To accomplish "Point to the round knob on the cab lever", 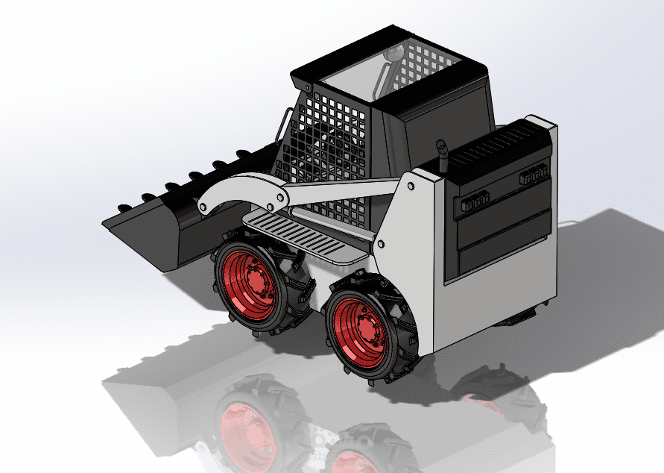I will [x=394, y=54].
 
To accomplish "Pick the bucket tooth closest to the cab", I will [x=244, y=154].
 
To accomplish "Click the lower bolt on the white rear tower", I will [x=381, y=244].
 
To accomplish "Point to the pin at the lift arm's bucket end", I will [x=200, y=206].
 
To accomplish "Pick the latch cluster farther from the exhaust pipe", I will [x=534, y=175].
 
